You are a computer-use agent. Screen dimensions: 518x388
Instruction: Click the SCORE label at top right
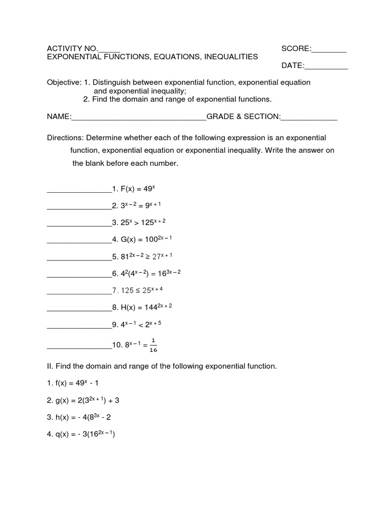[296, 49]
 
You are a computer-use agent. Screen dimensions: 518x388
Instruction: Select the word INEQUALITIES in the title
[231, 57]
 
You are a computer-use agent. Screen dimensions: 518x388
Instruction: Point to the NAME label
[58, 117]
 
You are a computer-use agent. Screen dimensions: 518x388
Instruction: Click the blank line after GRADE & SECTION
[309, 117]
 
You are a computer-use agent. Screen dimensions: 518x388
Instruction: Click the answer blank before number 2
[79, 206]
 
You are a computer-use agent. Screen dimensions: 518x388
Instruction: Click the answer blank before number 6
[79, 274]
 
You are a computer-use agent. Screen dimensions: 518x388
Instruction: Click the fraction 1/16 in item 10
[153, 345]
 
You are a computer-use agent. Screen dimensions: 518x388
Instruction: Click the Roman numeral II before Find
[50, 366]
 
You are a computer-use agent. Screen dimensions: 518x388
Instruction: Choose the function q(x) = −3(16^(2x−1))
[85, 435]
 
